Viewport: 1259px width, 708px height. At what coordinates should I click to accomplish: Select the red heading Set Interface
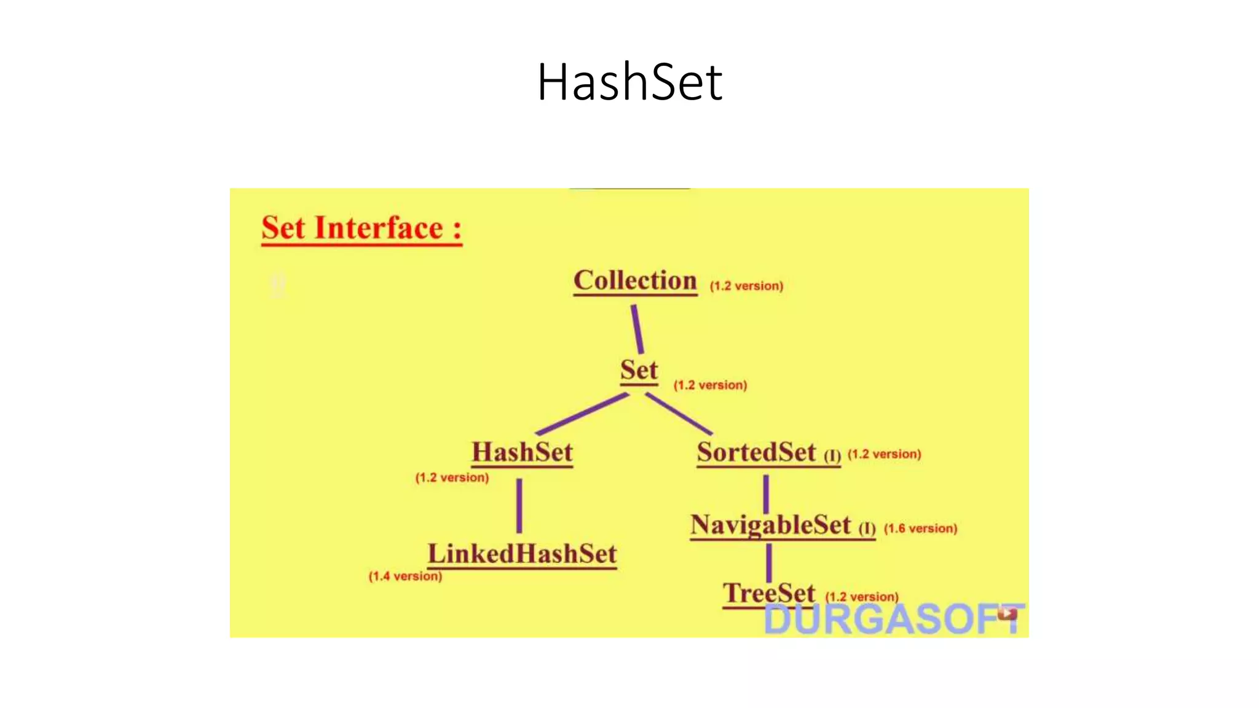coord(361,228)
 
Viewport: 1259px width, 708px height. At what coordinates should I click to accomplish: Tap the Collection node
coord(635,281)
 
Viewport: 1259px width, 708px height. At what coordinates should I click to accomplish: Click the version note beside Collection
coord(746,286)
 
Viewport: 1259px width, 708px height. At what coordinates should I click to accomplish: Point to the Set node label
coord(639,371)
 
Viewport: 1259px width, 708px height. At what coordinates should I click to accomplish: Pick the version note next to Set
coord(710,385)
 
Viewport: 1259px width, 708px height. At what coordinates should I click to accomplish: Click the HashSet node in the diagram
coord(522,452)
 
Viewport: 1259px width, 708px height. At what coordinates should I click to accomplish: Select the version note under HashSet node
coord(452,478)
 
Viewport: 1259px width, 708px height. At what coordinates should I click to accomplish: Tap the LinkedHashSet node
coord(522,554)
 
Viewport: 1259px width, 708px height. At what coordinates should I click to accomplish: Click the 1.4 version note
coord(405,576)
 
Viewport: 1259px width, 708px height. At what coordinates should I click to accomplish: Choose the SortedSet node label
coord(756,452)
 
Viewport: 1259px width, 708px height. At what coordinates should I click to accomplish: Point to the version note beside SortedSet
coord(884,454)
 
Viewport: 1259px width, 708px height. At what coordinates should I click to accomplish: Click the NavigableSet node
coord(770,525)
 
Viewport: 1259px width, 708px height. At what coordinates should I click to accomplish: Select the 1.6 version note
coord(920,529)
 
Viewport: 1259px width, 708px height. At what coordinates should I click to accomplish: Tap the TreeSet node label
coord(768,594)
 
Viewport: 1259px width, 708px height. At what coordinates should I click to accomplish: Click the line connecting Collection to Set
coord(637,329)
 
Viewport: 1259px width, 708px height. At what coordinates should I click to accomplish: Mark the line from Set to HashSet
coord(582,414)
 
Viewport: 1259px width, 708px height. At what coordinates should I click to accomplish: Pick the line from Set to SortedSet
coord(679,414)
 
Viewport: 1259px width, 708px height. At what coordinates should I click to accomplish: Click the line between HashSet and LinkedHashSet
coord(519,506)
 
